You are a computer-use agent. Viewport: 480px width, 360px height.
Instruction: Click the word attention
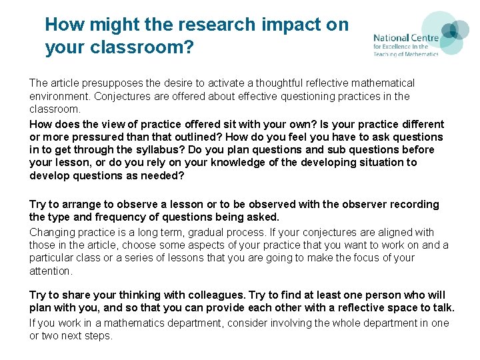pos(50,271)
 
